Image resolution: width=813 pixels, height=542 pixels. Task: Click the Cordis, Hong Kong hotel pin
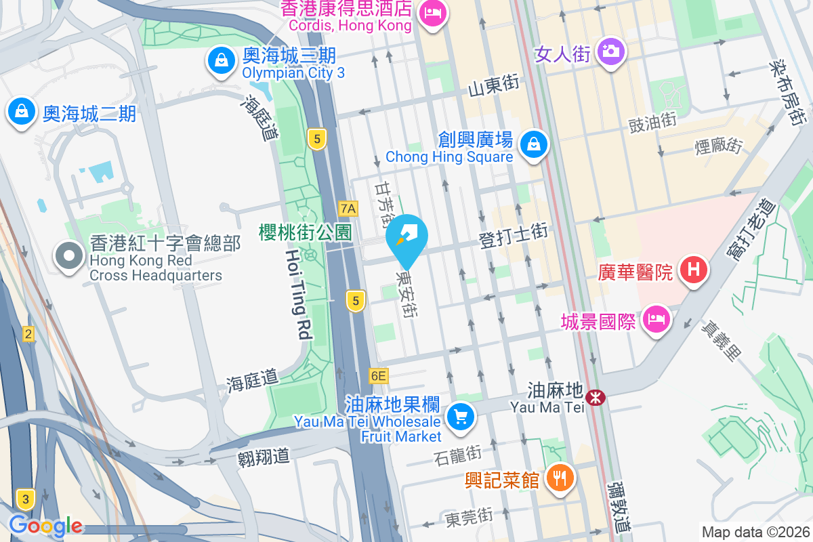[x=432, y=12]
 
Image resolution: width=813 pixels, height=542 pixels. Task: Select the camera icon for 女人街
[x=611, y=51]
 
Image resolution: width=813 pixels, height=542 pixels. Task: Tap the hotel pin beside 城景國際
[x=655, y=318]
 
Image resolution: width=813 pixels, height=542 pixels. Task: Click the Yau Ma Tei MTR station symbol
[x=596, y=398]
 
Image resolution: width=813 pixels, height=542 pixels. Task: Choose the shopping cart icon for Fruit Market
[x=461, y=415]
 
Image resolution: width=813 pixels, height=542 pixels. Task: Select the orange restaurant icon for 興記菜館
[x=560, y=479]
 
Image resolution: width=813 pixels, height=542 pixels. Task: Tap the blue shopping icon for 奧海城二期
[x=22, y=110]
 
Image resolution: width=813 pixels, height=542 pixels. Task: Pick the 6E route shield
[x=378, y=375]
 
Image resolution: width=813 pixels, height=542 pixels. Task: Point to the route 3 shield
[x=26, y=500]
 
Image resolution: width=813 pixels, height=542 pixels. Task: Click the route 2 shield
[x=28, y=333]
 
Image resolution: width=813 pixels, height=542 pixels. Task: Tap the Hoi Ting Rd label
[x=297, y=293]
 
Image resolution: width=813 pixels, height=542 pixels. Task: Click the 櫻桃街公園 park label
[x=305, y=232]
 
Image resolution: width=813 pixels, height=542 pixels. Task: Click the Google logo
[x=45, y=525]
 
